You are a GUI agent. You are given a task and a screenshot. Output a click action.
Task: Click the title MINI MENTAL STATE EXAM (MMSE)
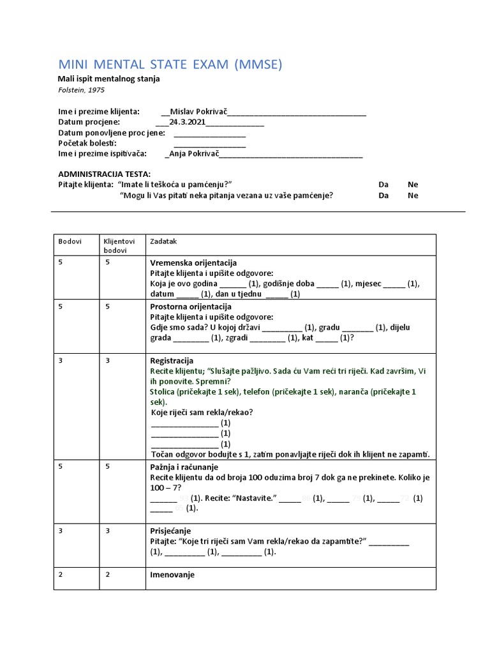coord(170,65)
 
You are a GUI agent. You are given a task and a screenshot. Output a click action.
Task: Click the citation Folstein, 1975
coord(81,90)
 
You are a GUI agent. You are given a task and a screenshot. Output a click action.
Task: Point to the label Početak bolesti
coord(87,143)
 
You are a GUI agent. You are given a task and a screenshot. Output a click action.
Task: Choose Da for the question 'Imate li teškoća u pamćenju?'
coord(383,185)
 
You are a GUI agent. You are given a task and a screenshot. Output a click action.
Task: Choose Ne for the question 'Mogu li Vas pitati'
coord(413,196)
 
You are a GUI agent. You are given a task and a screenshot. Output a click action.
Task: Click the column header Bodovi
coord(70,242)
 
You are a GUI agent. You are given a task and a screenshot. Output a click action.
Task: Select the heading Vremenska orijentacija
coord(193,263)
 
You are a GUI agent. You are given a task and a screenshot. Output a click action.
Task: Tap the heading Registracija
coord(171,361)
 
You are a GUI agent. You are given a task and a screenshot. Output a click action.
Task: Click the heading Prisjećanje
coord(170,531)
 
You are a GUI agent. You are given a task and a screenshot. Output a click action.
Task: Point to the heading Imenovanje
coord(172,575)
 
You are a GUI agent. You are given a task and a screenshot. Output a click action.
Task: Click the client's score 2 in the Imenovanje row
coord(108,575)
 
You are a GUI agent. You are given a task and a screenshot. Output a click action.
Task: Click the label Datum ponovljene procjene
coord(112,133)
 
